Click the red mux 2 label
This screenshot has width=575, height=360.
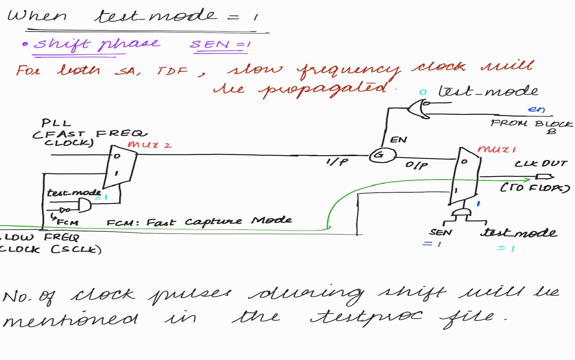click(150, 145)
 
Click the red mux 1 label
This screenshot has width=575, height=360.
click(496, 149)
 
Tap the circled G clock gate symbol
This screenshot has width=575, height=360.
click(382, 155)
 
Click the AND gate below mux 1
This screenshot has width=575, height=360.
click(461, 213)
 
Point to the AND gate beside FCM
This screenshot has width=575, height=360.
click(84, 205)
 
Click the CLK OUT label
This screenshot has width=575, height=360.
click(541, 163)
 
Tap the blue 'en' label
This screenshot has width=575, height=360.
click(536, 109)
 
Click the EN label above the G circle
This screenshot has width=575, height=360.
click(398, 140)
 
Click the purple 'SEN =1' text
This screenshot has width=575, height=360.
click(220, 44)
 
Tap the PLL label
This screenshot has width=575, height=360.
click(56, 123)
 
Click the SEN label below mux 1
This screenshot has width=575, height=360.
click(440, 232)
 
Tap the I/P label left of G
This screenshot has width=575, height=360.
click(337, 161)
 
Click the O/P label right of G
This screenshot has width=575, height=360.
click(416, 165)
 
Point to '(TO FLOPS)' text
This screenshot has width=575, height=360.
click(535, 187)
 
